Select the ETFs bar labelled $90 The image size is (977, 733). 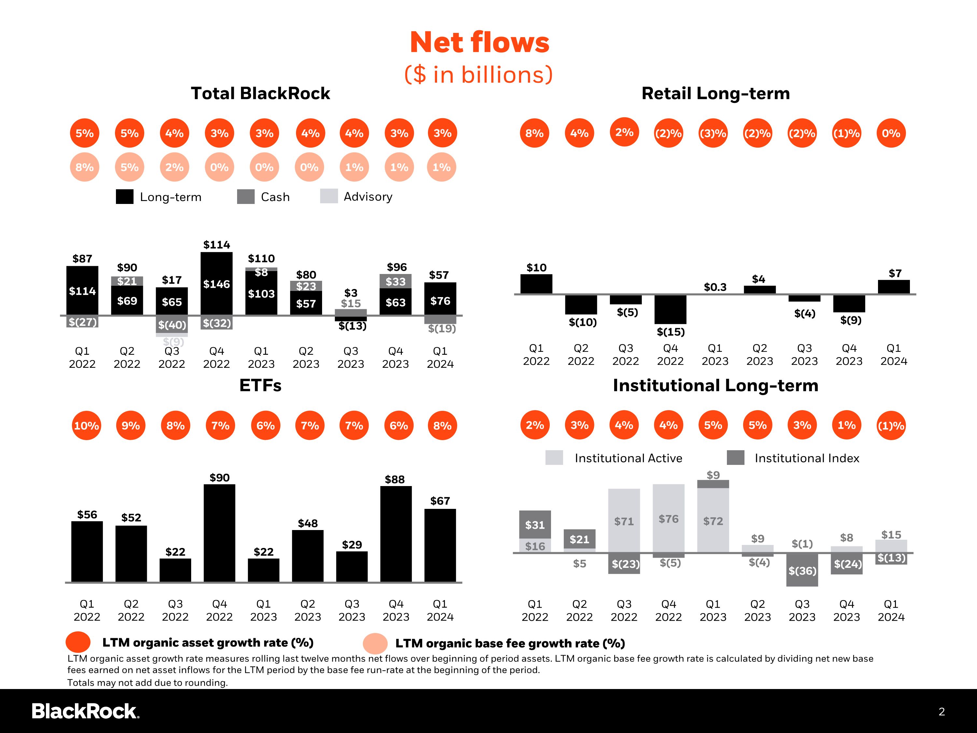coord(219,533)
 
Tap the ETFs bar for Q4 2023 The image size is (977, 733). coord(396,534)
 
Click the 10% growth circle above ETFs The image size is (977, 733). coord(86,425)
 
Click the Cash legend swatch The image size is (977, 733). coord(246,197)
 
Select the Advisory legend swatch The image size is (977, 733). coord(329,196)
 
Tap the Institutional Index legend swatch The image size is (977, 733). coord(735,458)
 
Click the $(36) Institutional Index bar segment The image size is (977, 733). coord(802,570)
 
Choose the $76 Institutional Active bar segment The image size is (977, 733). coord(669,518)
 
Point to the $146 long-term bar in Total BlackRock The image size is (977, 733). coord(217,284)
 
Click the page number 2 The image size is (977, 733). coord(942,712)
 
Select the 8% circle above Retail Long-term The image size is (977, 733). coord(534,133)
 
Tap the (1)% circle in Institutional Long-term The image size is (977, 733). coord(891,425)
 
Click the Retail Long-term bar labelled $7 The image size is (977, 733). coord(894,287)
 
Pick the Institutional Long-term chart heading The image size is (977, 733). coord(715,385)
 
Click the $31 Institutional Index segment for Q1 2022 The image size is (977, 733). coord(535,525)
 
